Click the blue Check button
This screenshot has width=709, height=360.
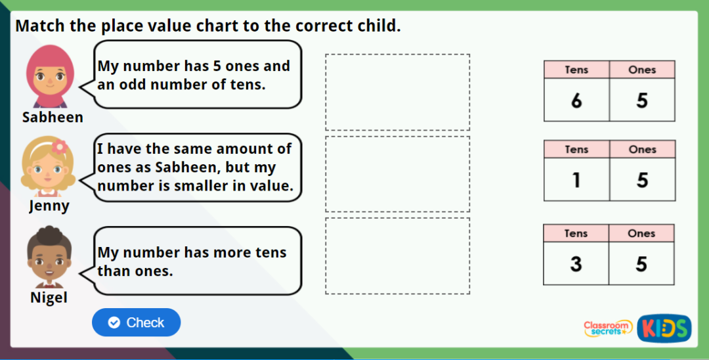[136, 323]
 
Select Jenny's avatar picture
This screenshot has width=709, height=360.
[49, 167]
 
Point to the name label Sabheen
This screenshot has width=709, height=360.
[53, 118]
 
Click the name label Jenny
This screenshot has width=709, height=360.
[49, 206]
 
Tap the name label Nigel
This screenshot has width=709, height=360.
[49, 298]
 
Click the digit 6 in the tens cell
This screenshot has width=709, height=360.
[576, 101]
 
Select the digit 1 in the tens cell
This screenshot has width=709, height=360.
[576, 179]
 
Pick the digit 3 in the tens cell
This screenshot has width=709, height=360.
[576, 263]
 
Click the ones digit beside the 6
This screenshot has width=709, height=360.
[642, 101]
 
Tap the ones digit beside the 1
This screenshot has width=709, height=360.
[642, 179]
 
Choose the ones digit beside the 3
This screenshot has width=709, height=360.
[641, 263]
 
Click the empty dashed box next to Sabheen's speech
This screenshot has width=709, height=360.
[397, 92]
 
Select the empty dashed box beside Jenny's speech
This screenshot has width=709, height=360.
[397, 174]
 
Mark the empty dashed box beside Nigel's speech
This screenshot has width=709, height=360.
[397, 256]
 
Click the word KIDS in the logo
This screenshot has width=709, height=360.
[664, 328]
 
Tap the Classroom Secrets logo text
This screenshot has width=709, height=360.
[607, 328]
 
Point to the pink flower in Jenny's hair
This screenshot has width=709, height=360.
[60, 146]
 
